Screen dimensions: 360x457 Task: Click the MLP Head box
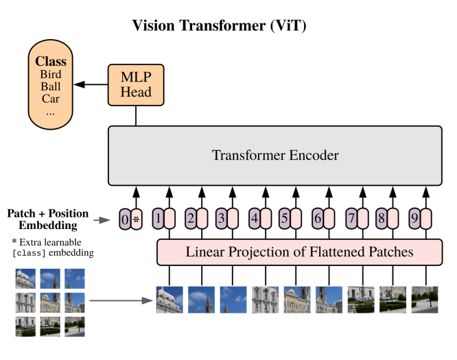click(136, 85)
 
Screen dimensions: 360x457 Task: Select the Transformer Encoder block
click(274, 156)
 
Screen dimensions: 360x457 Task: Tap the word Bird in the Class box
click(50, 74)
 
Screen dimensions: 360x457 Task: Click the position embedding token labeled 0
click(124, 219)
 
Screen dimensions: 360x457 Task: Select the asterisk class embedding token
click(136, 219)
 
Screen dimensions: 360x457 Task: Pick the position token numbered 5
click(285, 219)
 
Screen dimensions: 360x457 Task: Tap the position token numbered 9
click(414, 219)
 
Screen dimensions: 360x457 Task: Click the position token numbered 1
click(157, 219)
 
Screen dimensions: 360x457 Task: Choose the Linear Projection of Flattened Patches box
click(299, 252)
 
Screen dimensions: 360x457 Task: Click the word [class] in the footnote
click(30, 253)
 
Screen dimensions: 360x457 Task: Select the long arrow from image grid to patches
click(120, 300)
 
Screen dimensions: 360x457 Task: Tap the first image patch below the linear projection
click(169, 299)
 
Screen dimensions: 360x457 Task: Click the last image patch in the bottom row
click(425, 299)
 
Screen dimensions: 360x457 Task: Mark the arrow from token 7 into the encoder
click(361, 195)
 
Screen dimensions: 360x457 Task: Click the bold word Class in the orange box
click(50, 61)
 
